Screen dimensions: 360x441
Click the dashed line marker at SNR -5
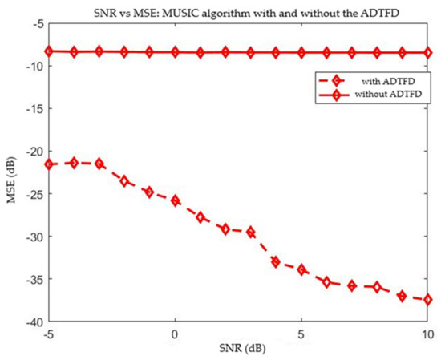49,164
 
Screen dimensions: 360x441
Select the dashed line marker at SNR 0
175,200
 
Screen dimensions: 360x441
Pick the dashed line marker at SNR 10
428,300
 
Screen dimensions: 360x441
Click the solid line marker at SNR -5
49,51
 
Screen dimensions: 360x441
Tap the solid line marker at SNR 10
428,53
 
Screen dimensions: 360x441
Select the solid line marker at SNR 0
175,52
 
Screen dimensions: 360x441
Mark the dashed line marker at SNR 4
276,262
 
